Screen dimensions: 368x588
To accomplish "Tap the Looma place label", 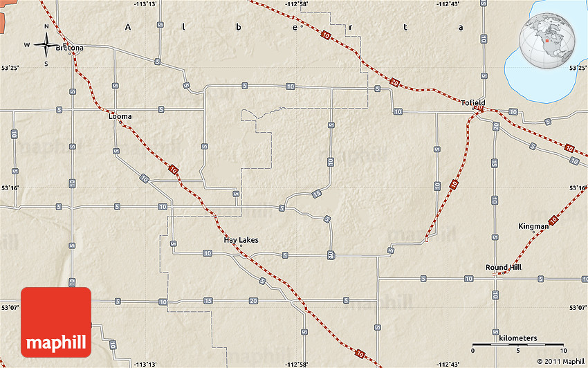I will (120, 116).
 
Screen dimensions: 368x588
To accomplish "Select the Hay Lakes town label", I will (241, 240).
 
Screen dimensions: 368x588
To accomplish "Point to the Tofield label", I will (474, 102).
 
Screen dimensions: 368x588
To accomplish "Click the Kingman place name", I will (533, 226).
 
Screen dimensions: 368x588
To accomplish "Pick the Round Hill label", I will (503, 267).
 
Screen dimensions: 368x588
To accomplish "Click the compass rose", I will (46, 46).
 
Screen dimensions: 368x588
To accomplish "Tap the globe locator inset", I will (547, 40).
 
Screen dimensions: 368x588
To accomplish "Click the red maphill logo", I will (56, 322).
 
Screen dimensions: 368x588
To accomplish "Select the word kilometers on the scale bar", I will (516, 338).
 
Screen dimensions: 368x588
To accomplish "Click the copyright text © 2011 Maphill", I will (560, 361).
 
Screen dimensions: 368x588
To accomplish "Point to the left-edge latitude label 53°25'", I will (10, 67).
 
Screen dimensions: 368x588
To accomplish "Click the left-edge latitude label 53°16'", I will (10, 187).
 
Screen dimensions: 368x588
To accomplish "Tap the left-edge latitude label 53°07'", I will (10, 308).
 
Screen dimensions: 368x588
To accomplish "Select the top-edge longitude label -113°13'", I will (145, 4).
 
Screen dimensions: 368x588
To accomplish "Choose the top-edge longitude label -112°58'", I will (296, 4).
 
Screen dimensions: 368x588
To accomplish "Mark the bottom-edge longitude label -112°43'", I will (448, 364).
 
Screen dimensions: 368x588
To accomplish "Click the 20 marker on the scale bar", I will (563, 349).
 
